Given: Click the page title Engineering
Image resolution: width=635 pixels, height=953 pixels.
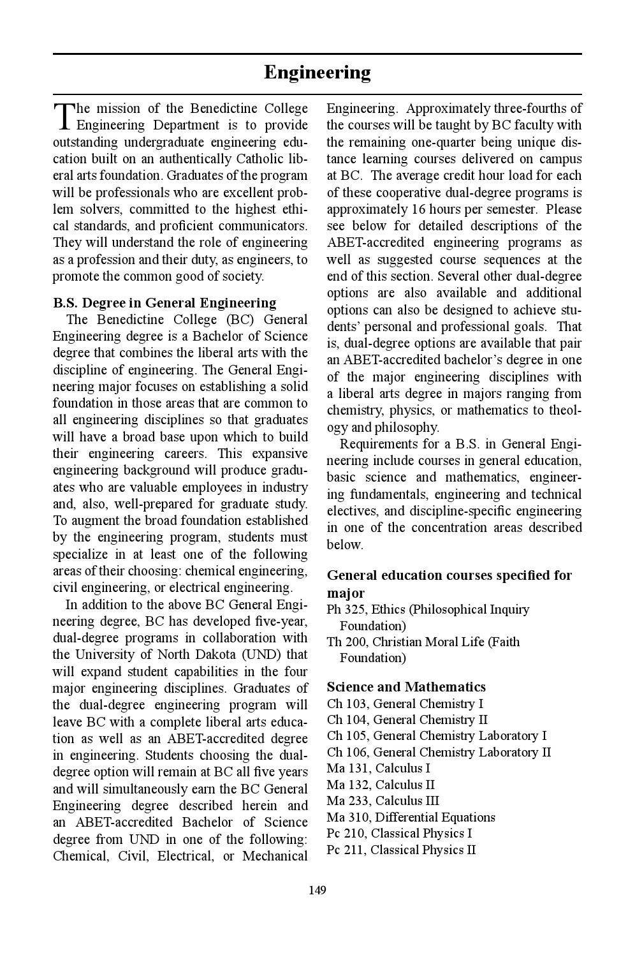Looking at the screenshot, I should coord(317,73).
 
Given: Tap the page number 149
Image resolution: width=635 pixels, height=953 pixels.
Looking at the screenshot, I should coord(317,890).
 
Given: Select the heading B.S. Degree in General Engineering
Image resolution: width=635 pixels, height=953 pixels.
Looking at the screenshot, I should coord(164,302).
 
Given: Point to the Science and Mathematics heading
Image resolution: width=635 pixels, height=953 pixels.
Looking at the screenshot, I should coord(405,686).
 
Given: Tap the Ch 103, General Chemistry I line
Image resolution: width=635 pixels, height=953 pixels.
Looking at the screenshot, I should coord(405,704).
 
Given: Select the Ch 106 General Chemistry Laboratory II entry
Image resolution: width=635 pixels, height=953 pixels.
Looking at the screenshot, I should coord(439,752).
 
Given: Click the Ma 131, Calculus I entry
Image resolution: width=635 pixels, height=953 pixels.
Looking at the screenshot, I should coord(378,768).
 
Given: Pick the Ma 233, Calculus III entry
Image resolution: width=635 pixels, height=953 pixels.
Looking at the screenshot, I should coord(383,801).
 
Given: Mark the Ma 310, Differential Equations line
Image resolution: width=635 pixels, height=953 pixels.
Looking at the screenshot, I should coord(411,817).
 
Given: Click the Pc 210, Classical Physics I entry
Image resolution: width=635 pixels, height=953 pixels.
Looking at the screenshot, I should coord(399,833).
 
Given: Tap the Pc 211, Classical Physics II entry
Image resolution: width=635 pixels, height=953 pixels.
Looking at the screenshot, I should coord(401,850).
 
